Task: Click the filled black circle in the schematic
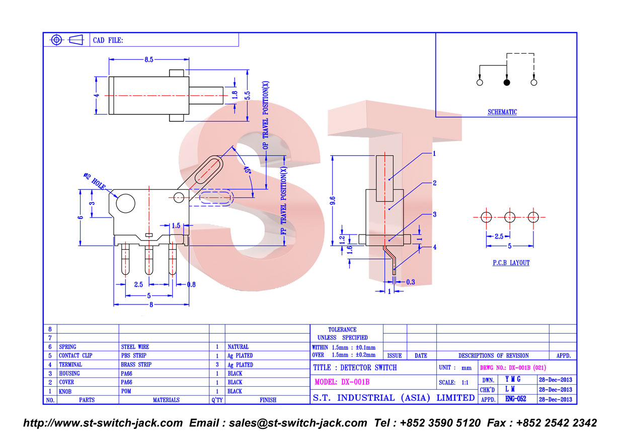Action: (x=506, y=82)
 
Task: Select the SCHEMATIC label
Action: (x=502, y=112)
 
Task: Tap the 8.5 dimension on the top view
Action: (x=148, y=60)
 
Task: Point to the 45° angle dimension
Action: (x=247, y=170)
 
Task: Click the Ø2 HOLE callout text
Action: (x=95, y=181)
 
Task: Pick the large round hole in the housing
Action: (x=125, y=203)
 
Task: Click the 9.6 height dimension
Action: (x=333, y=200)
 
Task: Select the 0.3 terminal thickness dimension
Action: (x=411, y=282)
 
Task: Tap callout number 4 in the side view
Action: (x=435, y=247)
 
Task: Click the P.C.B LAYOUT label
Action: (x=511, y=263)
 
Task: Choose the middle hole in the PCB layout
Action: (x=510, y=217)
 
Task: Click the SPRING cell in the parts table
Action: (x=67, y=347)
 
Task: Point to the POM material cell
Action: (x=126, y=391)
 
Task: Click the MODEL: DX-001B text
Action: (x=342, y=382)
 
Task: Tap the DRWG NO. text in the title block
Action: (x=513, y=368)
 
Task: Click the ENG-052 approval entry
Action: (x=516, y=399)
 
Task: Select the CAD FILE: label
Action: (x=108, y=40)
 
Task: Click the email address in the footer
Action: (x=298, y=423)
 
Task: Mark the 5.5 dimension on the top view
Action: (x=248, y=95)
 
